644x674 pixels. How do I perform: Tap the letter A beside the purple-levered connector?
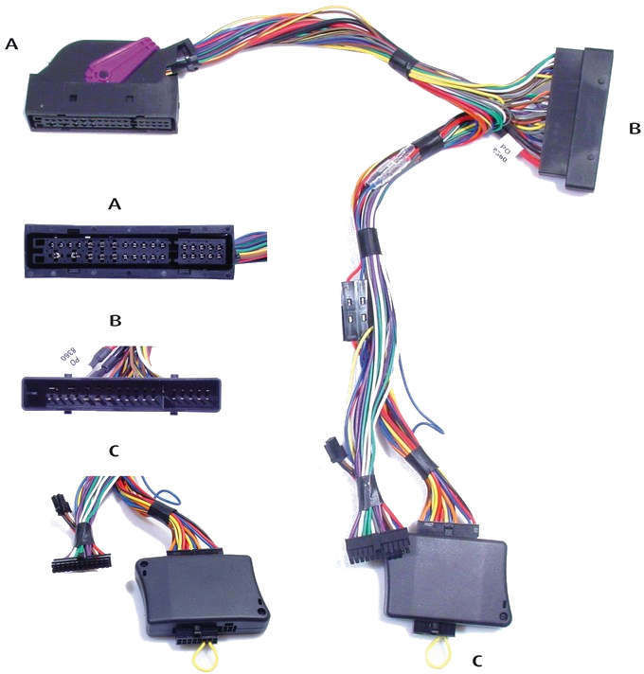12,44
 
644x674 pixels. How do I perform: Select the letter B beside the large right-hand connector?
635,128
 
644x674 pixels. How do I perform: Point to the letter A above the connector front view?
116,204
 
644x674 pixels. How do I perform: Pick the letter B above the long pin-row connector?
116,321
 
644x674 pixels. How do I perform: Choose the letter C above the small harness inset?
115,451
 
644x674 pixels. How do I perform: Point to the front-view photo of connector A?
128,250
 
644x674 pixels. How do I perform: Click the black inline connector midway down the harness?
351,310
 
